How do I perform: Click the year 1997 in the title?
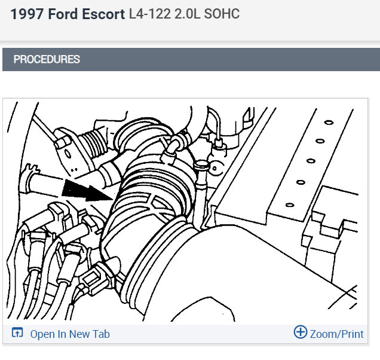point(27,14)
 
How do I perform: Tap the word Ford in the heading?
point(62,14)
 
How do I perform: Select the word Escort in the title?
point(103,14)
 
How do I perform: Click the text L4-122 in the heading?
point(149,14)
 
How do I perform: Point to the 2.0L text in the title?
point(187,14)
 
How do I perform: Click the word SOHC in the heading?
point(222,14)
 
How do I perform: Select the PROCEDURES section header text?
point(47,59)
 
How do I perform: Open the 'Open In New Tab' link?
point(70,334)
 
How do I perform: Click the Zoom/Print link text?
point(336,334)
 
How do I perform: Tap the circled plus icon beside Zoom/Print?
point(301,332)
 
